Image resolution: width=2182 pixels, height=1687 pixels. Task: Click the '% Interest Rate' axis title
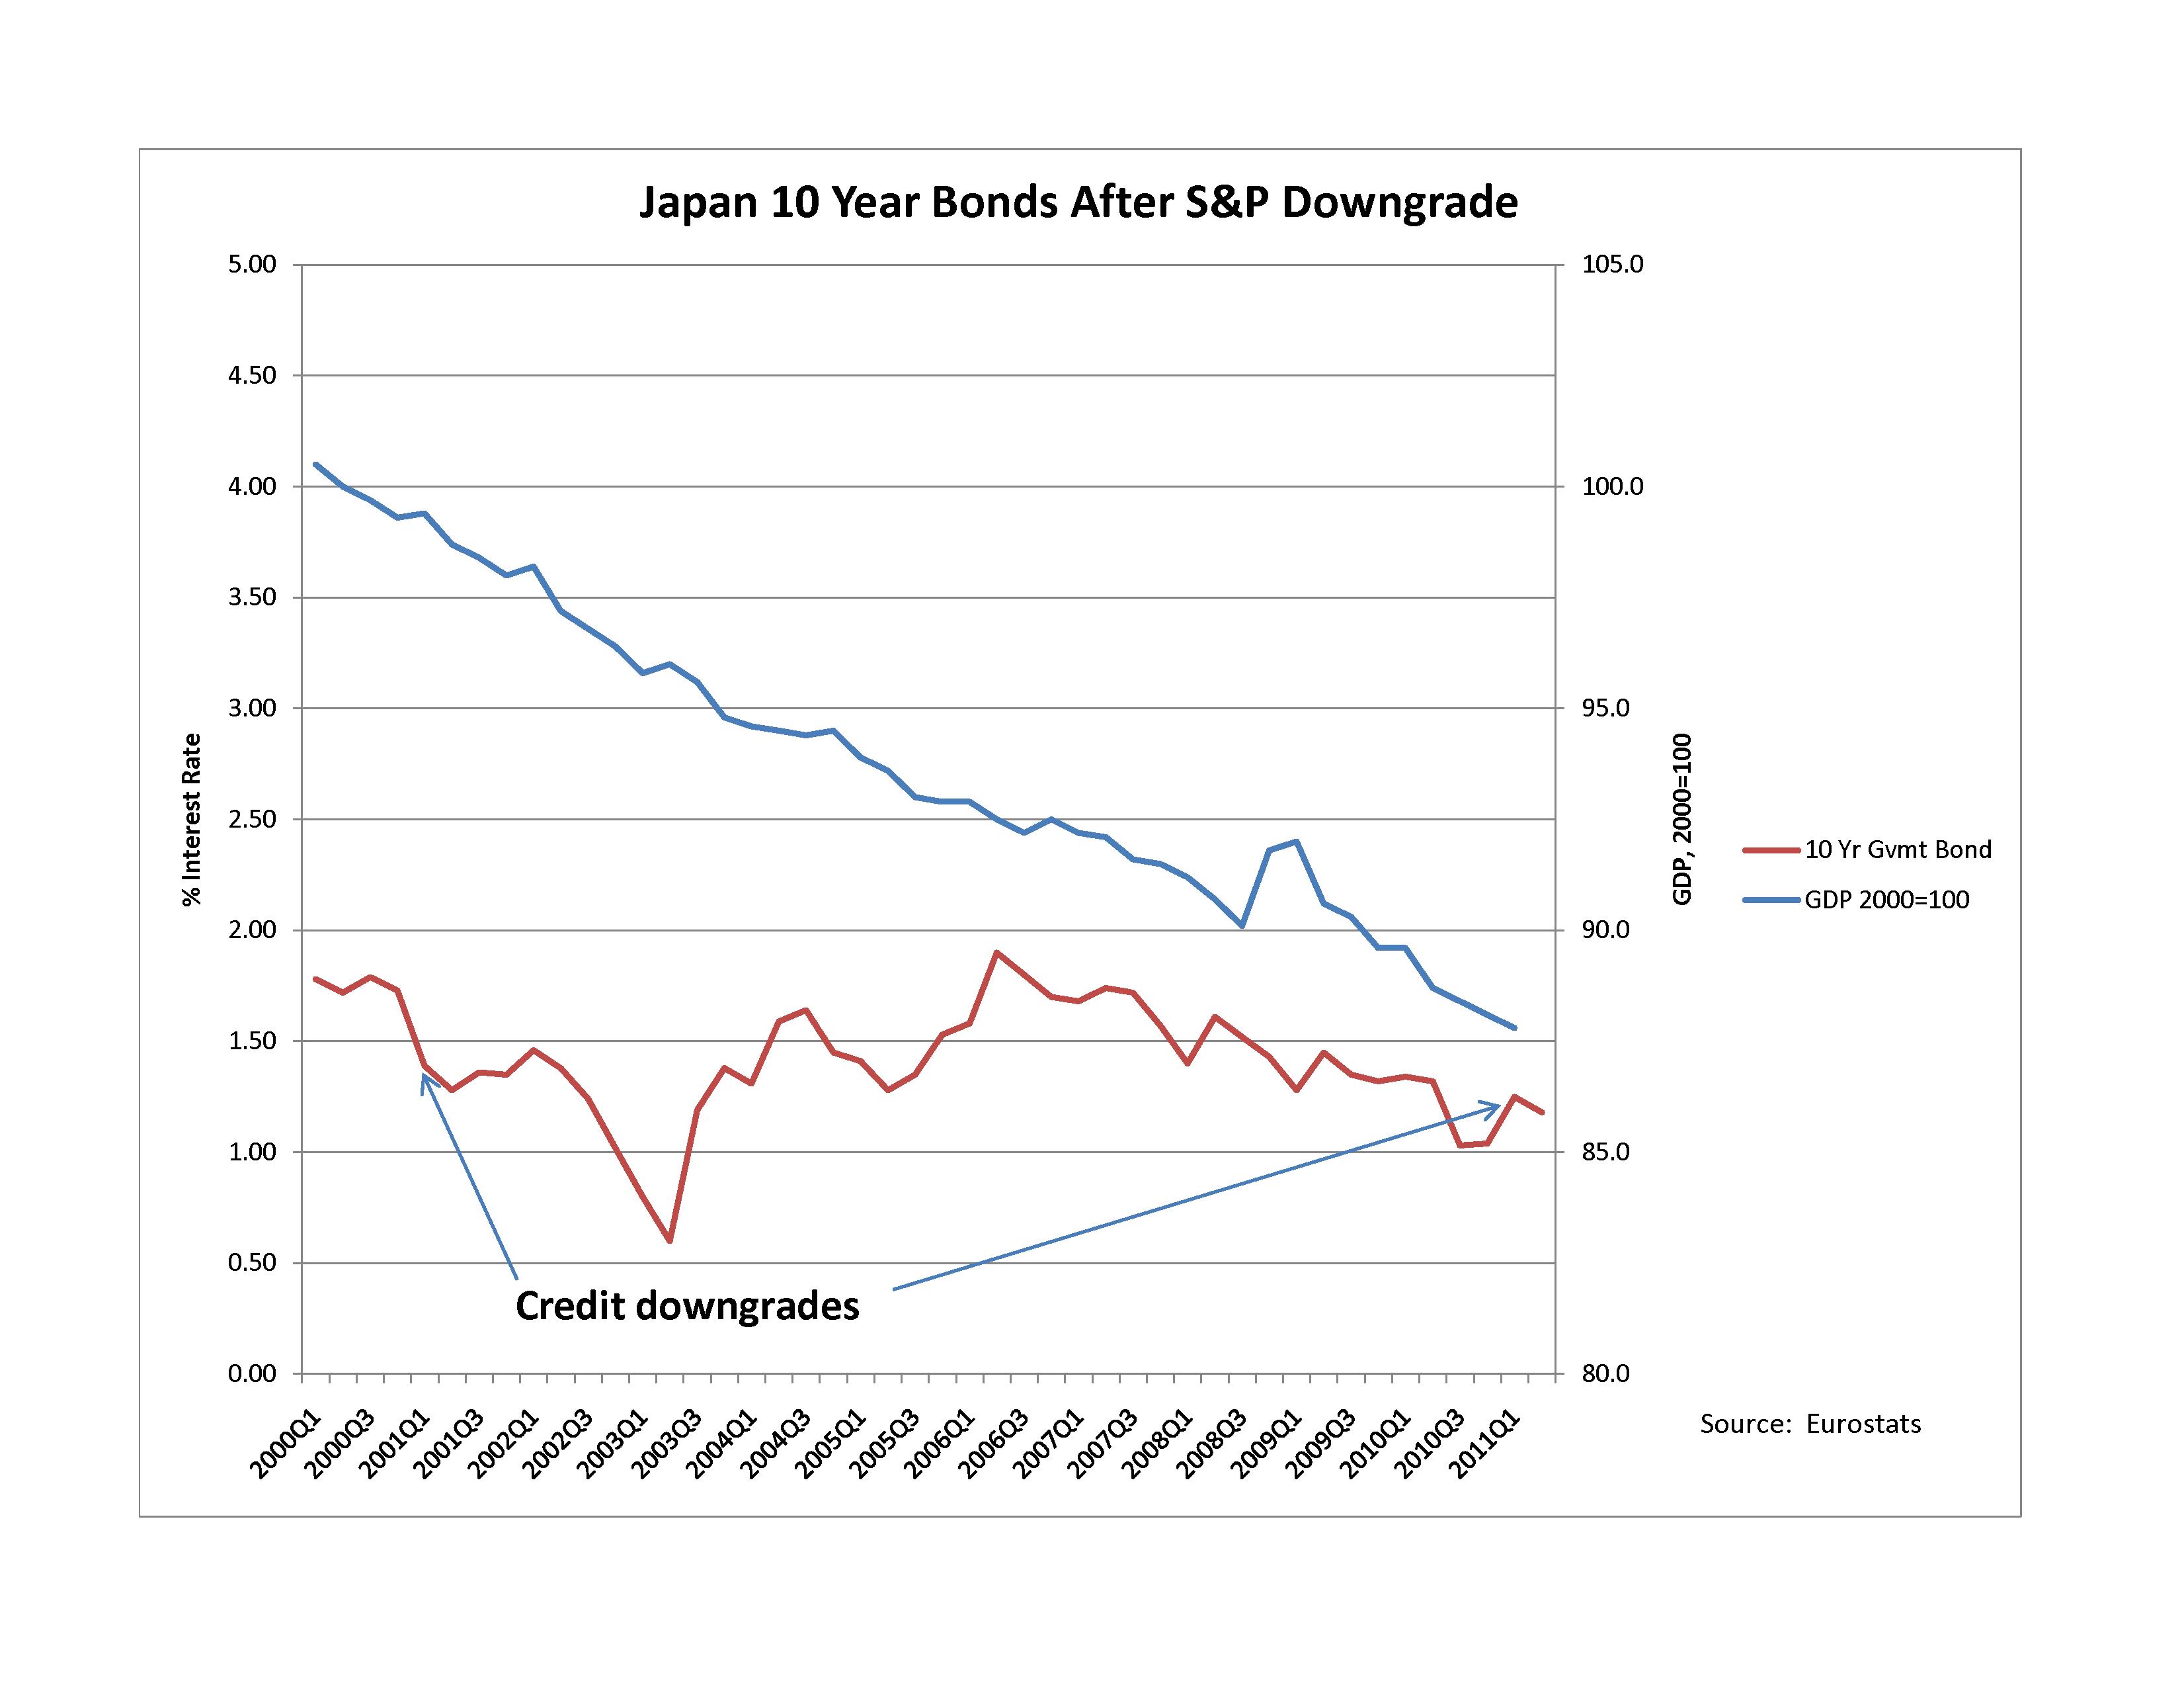[x=191, y=820]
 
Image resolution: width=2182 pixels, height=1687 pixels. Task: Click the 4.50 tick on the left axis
[x=252, y=376]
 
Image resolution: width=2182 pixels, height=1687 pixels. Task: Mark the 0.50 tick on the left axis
[x=252, y=1262]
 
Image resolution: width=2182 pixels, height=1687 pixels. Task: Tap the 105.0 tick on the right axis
[x=1611, y=265]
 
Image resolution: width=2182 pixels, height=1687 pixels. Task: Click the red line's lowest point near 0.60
[x=669, y=1240]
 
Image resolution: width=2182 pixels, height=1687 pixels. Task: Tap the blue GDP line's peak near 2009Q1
[x=1296, y=842]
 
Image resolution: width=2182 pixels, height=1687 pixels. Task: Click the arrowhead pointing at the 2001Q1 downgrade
[x=424, y=1077]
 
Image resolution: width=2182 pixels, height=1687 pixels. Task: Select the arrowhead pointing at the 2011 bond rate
[x=1496, y=1106]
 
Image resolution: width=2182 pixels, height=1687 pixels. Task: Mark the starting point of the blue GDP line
[x=315, y=464]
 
